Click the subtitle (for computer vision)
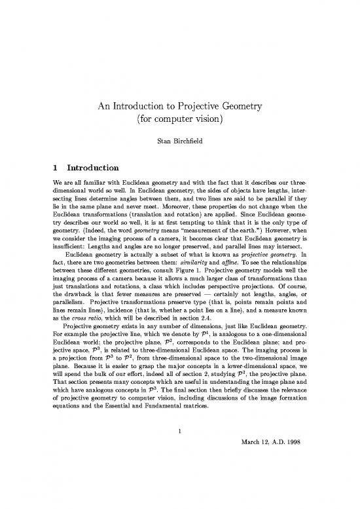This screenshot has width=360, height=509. click(x=179, y=121)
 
